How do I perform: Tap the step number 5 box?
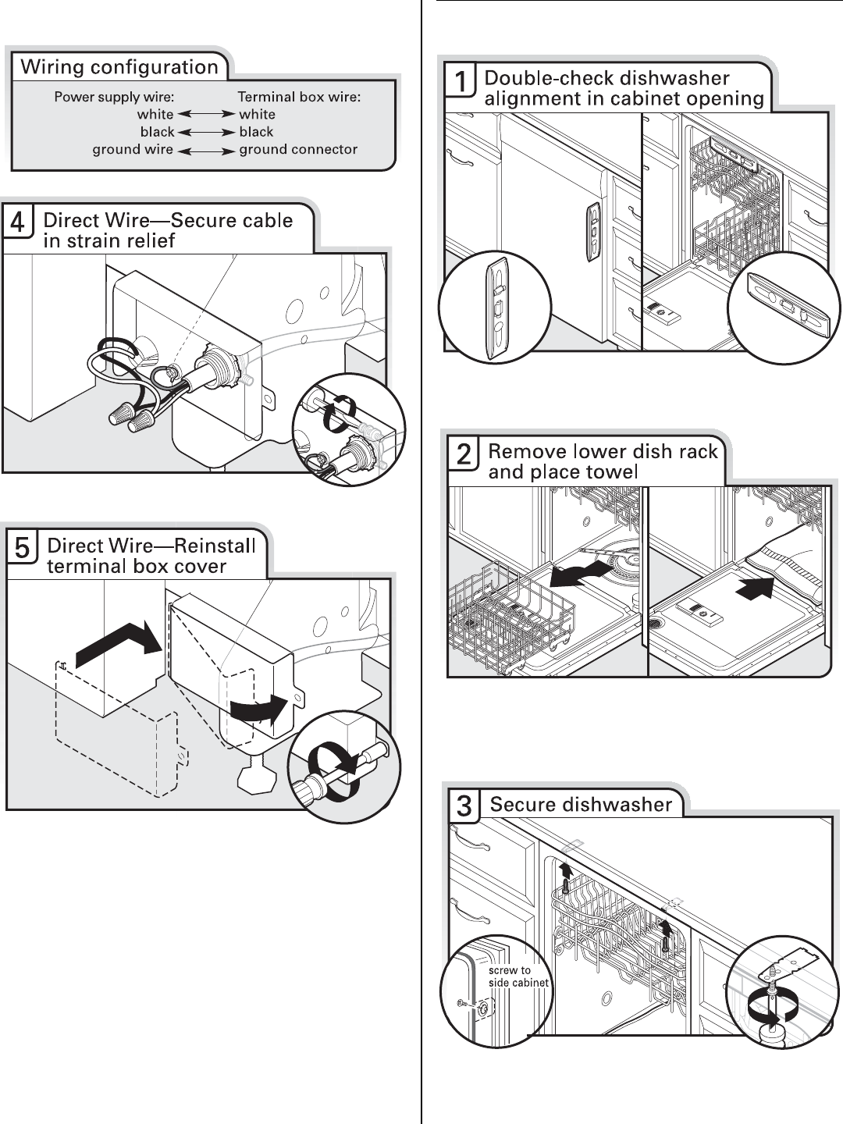[x=23, y=549]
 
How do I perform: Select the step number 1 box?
[x=461, y=81]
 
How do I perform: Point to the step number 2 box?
[x=464, y=454]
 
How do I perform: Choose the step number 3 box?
[x=464, y=806]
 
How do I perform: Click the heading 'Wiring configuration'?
[x=119, y=67]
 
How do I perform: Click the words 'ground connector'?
[x=298, y=149]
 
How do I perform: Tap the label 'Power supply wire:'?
[x=114, y=97]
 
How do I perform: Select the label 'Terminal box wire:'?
[x=299, y=97]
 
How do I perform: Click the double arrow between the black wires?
[x=206, y=132]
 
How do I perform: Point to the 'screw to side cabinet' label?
[x=518, y=976]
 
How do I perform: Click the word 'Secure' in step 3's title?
[x=521, y=805]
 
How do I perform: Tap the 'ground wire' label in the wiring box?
[x=133, y=149]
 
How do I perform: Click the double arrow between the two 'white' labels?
[x=206, y=115]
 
